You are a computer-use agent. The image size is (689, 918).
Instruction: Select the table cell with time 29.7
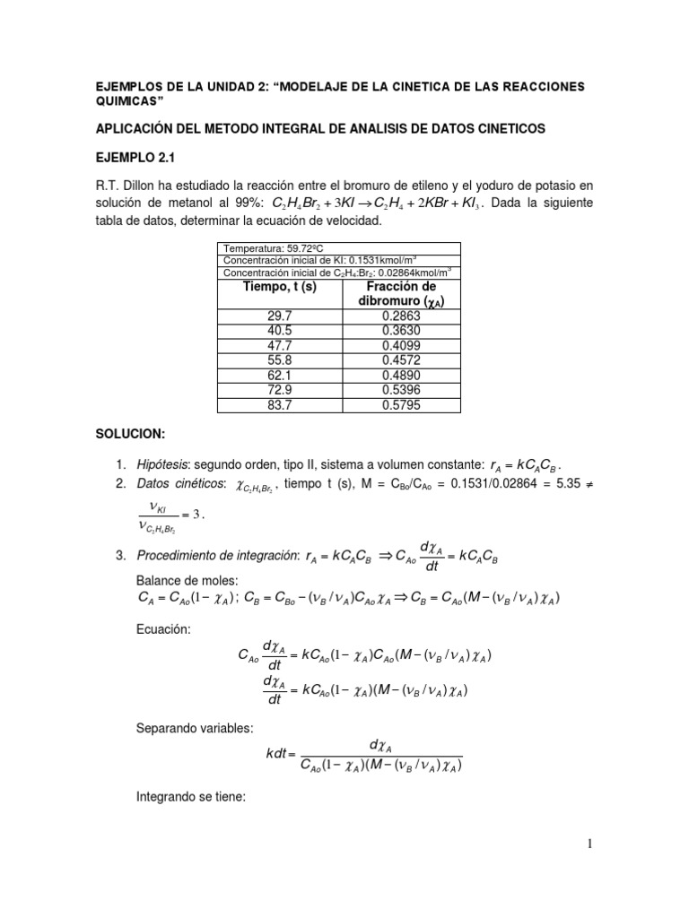pos(280,316)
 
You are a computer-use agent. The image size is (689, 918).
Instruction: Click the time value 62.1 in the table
pos(280,376)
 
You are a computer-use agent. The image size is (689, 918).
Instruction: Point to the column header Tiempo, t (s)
pos(280,286)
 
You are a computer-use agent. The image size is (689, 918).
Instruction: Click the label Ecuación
pos(163,630)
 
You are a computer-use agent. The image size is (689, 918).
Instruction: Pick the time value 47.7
pos(280,346)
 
